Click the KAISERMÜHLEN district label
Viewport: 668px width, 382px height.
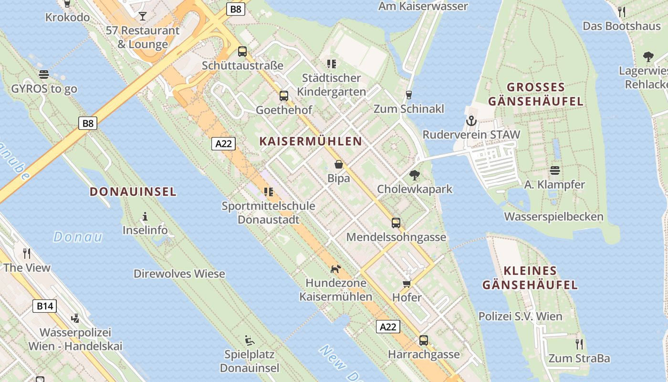coord(311,141)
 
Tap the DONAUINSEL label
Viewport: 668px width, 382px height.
coord(133,192)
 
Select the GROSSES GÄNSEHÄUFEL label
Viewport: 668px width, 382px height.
coord(536,94)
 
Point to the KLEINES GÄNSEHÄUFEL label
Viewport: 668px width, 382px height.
coord(530,278)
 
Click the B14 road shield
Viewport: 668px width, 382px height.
coord(44,306)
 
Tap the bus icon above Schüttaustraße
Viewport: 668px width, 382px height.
coord(242,52)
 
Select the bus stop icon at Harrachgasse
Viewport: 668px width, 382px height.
coord(424,340)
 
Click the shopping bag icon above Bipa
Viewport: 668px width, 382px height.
coord(339,165)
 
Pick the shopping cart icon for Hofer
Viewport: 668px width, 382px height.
coord(407,284)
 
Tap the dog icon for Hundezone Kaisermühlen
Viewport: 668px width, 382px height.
coord(336,269)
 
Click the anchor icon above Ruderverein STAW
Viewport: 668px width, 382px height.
coord(471,120)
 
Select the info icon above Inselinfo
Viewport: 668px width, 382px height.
coord(145,216)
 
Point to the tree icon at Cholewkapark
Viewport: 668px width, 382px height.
coord(415,175)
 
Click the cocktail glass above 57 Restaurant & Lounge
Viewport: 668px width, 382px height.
coord(143,16)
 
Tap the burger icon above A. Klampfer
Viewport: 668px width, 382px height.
coord(554,170)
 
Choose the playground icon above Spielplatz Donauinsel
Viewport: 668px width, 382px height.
coord(250,340)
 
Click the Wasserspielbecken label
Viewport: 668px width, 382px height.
coord(553,217)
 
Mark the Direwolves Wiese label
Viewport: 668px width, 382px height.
coord(179,274)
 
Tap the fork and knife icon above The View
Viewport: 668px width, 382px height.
coord(27,253)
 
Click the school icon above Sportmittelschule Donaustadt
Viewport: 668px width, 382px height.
coord(269,192)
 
